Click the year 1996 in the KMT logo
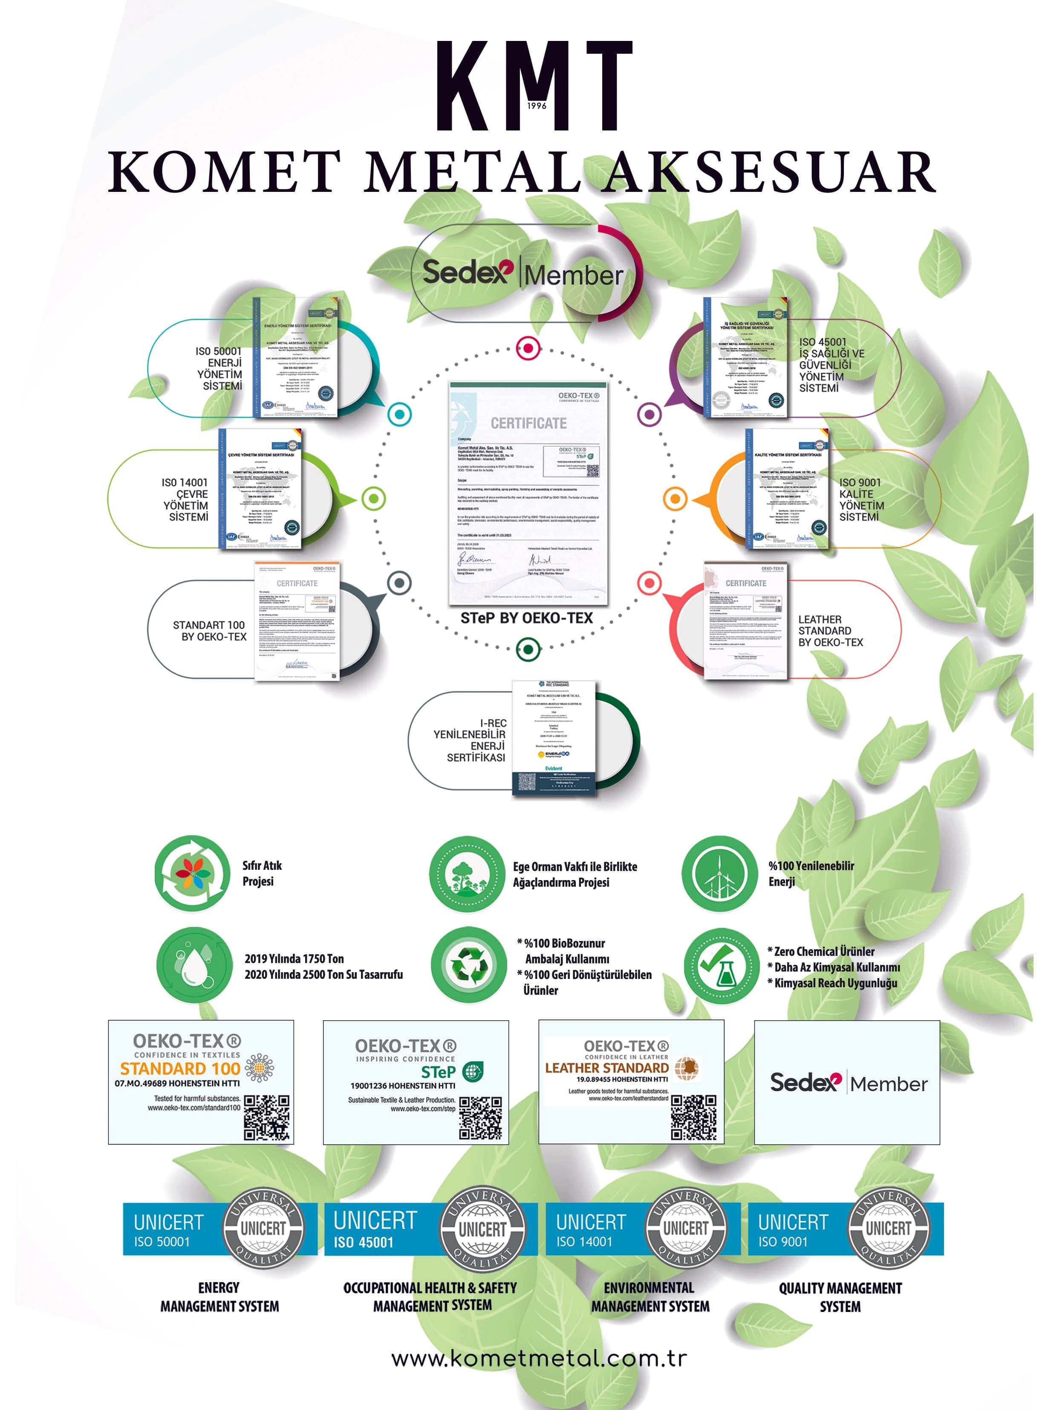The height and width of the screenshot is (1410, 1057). (537, 105)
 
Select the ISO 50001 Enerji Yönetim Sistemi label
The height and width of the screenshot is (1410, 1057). (219, 368)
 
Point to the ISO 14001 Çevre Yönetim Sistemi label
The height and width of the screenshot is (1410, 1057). (185, 500)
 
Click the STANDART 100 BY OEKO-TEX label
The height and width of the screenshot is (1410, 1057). (209, 631)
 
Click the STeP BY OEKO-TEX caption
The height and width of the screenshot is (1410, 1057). (526, 618)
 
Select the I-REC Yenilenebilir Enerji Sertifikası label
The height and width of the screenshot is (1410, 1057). (470, 740)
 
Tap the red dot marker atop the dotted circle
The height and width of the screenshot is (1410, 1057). (528, 348)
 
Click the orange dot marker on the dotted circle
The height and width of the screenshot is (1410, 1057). (675, 498)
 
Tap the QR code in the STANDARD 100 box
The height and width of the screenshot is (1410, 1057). (267, 1117)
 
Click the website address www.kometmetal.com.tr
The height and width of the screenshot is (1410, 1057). (539, 1358)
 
